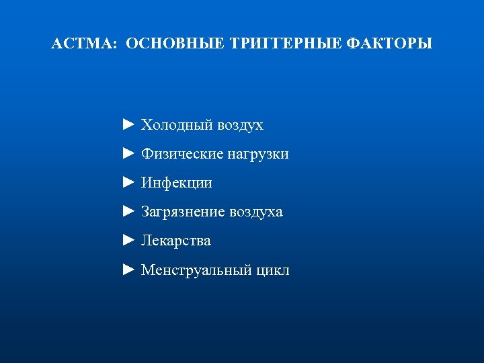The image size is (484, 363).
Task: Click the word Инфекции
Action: pyautogui.click(x=176, y=183)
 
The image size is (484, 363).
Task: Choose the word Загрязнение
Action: pyautogui.click(x=182, y=212)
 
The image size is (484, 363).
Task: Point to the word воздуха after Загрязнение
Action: pyautogui.click(x=255, y=212)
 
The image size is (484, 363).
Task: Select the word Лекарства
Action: pyautogui.click(x=175, y=241)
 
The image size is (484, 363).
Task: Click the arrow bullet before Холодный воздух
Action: pyautogui.click(x=130, y=125)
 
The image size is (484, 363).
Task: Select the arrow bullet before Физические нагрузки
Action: pyautogui.click(x=130, y=154)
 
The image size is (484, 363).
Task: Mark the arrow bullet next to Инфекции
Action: pyautogui.click(x=130, y=183)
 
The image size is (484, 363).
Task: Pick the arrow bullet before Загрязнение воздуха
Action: pyautogui.click(x=130, y=212)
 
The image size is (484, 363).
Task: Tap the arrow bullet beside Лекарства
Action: pyautogui.click(x=130, y=241)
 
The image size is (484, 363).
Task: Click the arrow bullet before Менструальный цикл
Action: pyautogui.click(x=130, y=270)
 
